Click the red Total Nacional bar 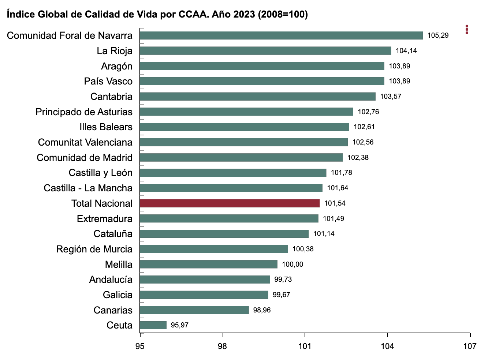230,203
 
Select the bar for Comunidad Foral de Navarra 282,35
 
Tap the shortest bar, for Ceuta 153,325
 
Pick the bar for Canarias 194,310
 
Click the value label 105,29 438,35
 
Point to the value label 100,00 292,264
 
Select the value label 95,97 180,325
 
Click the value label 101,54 335,203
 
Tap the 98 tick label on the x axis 222,346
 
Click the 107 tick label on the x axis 470,346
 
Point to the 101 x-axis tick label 305,346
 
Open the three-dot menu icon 467,29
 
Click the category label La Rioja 115,51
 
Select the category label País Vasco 108,81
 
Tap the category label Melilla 119,264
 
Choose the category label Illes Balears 106,127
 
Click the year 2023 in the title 244,14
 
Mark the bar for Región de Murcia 214,249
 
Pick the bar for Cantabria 258,97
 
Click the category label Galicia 118,295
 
